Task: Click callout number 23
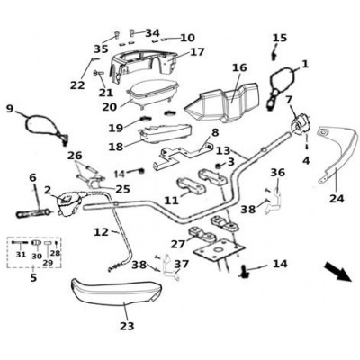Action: (x=127, y=326)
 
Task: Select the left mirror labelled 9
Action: (x=46, y=129)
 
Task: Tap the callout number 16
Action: (x=239, y=67)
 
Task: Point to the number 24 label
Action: (x=337, y=198)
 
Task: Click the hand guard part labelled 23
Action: (x=116, y=291)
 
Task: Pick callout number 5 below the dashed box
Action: (x=33, y=277)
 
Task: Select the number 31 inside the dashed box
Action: (x=21, y=255)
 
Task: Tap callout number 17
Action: (x=197, y=51)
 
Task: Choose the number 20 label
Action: (x=109, y=107)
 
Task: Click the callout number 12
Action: (x=101, y=232)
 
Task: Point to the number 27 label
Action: (x=178, y=244)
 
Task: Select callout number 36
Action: (x=278, y=173)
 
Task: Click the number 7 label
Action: (x=289, y=100)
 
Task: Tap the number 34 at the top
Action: (x=153, y=33)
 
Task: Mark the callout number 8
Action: (x=216, y=132)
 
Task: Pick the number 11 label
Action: (x=172, y=201)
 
